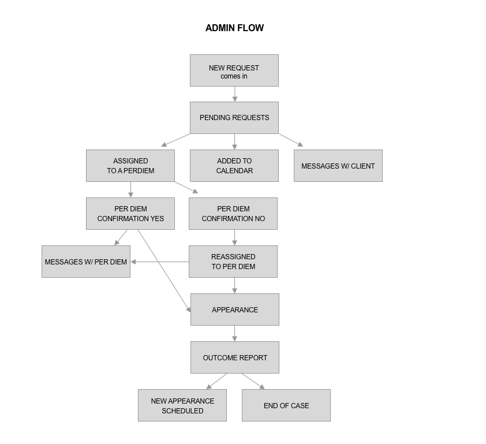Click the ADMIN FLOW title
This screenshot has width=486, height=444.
pos(235,28)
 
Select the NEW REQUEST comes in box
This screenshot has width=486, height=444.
pos(234,70)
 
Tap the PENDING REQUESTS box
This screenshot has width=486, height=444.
pos(234,118)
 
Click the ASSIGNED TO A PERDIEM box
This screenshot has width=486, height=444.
pos(130,166)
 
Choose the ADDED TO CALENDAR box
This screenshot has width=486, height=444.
pos(234,166)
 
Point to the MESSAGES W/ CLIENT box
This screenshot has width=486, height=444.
pos(338,166)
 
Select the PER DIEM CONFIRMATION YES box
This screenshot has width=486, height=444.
pos(130,214)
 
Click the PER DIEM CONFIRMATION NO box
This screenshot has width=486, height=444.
pos(233,214)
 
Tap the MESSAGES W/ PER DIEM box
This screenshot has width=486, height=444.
pos(86,262)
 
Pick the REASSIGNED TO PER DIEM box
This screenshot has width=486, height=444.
pos(233,262)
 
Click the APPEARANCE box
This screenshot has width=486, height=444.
pos(235,309)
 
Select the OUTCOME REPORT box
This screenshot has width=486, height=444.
pos(235,357)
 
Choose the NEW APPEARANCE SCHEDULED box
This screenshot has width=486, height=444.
pos(182,405)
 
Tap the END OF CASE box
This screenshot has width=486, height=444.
pos(286,405)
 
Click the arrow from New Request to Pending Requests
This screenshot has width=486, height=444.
pos(235,94)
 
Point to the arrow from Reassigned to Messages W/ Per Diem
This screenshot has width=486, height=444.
pos(160,262)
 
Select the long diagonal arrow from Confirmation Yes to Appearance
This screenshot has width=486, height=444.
pos(165,271)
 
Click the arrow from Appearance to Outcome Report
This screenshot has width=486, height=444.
pos(235,333)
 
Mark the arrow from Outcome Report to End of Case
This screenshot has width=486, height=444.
pos(253,381)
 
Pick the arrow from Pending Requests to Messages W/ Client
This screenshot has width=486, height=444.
pos(291,140)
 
